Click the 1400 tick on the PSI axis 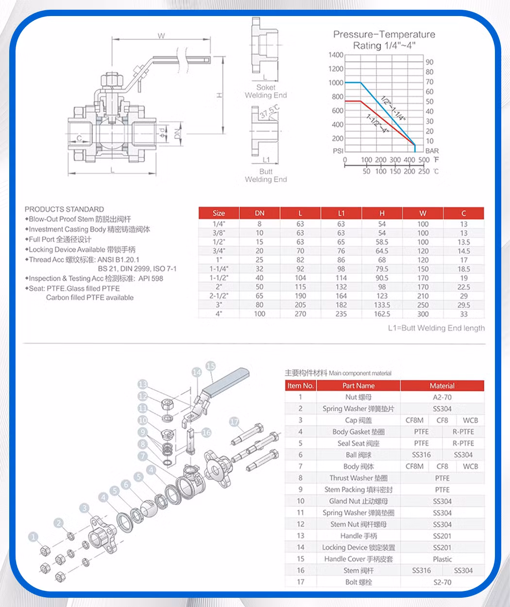(x=336, y=55)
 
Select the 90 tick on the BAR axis (x=429, y=62)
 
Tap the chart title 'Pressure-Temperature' (x=384, y=34)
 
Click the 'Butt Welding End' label (x=266, y=175)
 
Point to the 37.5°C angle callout (x=270, y=111)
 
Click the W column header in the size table (x=423, y=213)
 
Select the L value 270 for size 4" (x=300, y=314)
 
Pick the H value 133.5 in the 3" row (x=382, y=305)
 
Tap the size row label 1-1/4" (x=219, y=269)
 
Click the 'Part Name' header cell (x=358, y=386)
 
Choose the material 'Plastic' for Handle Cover (x=442, y=559)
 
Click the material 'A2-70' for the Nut (x=442, y=397)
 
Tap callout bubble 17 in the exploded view (x=235, y=422)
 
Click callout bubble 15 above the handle (x=210, y=366)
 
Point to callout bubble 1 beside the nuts (x=33, y=537)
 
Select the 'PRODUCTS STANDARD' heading (x=64, y=209)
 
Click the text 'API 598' (x=151, y=278)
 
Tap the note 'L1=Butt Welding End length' (x=436, y=328)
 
